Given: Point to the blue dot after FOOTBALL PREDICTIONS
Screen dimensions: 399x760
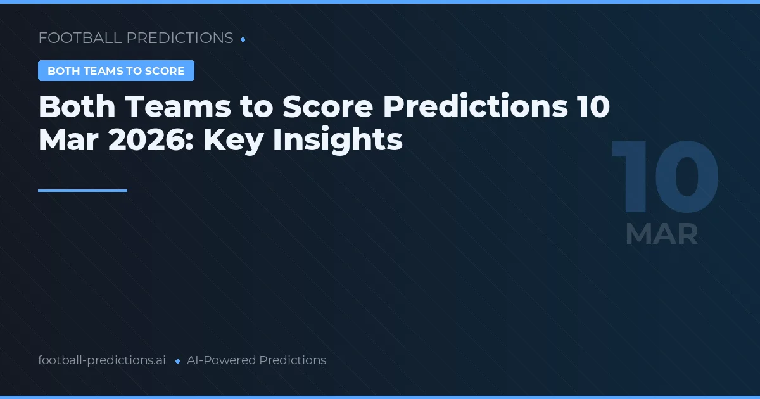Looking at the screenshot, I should (243, 39).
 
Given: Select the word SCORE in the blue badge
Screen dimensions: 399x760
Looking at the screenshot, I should (164, 71).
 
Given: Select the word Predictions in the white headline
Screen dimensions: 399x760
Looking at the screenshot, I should (475, 108).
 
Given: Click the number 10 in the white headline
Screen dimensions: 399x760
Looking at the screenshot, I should (593, 108).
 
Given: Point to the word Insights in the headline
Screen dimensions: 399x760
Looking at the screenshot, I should (338, 140).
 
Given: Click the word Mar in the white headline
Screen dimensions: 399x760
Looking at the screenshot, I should (68, 140).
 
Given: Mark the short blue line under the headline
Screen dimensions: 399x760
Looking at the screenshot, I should (82, 190).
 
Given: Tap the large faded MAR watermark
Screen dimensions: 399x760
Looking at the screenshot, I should (662, 234).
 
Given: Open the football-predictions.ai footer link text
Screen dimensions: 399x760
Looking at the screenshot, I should (102, 360).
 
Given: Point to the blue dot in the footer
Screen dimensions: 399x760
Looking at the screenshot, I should (177, 361).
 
